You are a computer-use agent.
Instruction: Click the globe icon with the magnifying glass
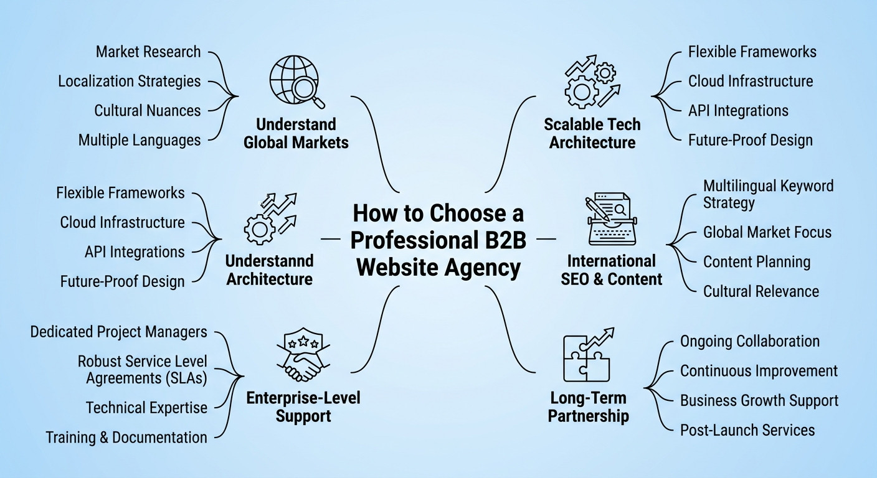point(296,82)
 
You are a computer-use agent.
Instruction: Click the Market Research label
point(148,52)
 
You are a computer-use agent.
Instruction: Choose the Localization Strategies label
point(130,82)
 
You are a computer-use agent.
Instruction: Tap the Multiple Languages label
point(140,140)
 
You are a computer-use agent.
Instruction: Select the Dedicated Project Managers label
point(119,332)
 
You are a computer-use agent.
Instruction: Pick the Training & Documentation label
point(126,438)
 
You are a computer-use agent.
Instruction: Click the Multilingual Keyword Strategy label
point(768,194)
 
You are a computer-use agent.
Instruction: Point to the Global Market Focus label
point(767,233)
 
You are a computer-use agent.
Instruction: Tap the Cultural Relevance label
point(761,291)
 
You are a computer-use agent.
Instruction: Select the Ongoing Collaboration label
point(750,342)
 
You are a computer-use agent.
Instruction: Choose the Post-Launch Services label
point(747,430)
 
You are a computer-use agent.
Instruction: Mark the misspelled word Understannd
point(270,260)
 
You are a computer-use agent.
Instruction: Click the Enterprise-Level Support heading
point(303,406)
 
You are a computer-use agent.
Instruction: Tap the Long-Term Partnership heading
point(588,406)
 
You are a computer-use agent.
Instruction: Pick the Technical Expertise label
point(147,408)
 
